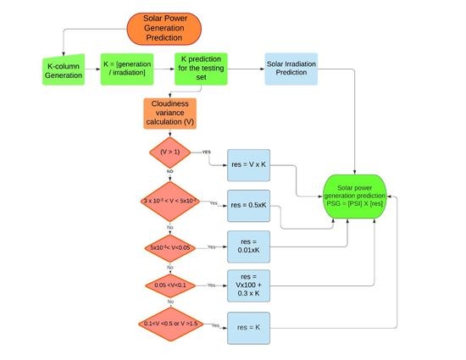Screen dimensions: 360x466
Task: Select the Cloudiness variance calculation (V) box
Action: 171,113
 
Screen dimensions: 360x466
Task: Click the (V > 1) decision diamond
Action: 171,153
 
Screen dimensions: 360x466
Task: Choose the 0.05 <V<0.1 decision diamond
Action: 171,285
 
